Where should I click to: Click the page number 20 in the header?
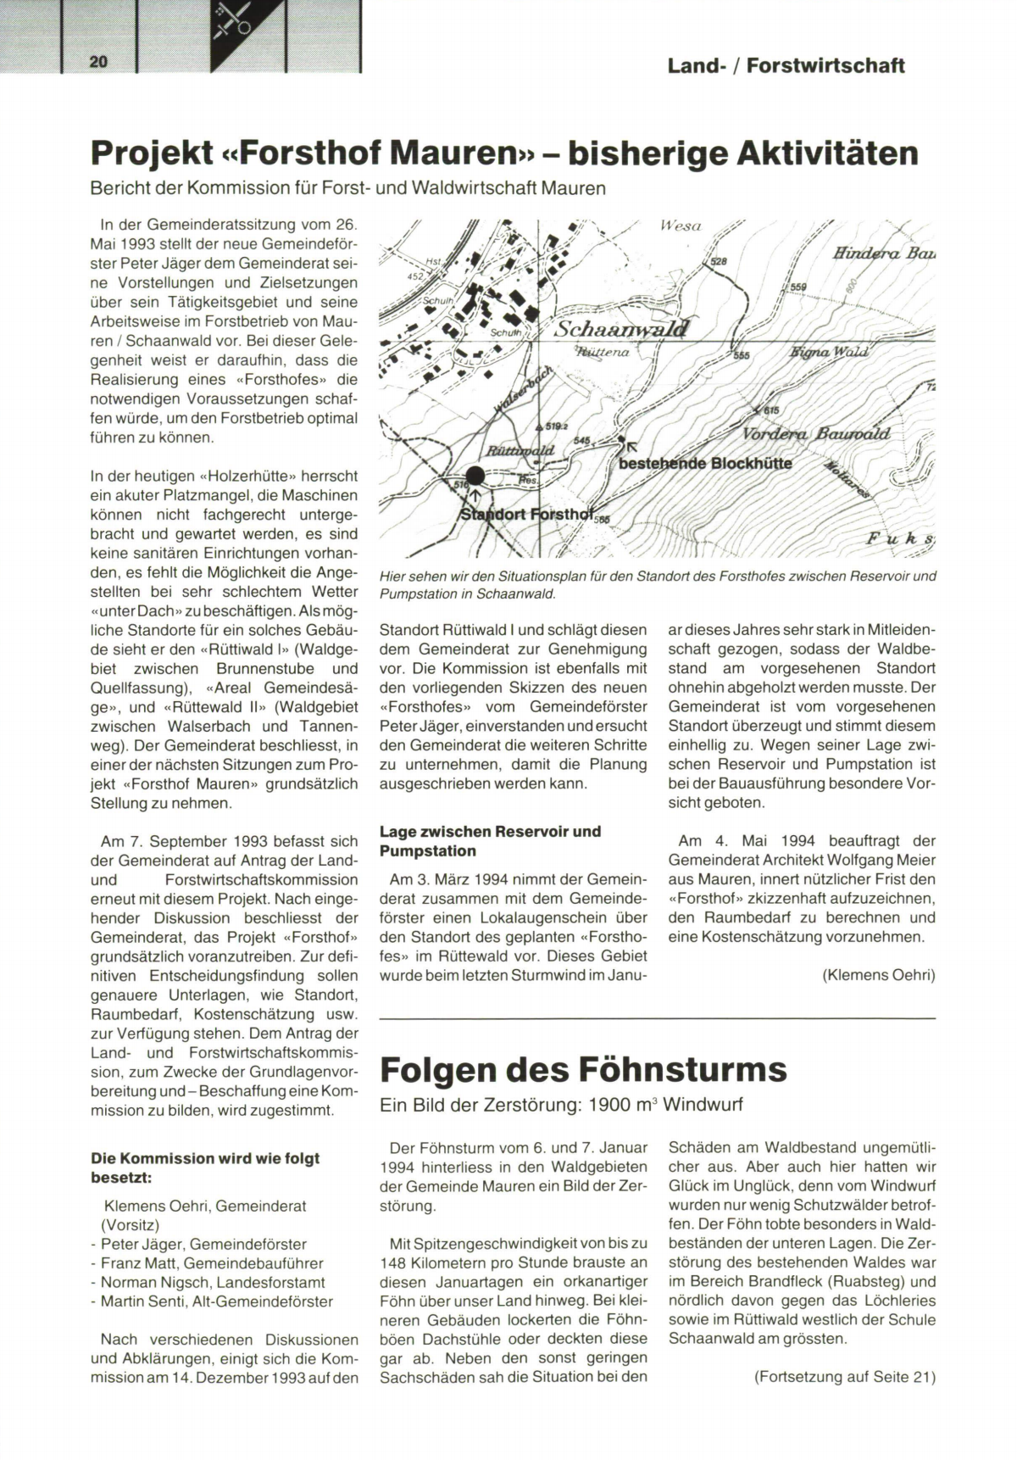[97, 61]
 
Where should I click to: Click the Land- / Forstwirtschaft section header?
[786, 65]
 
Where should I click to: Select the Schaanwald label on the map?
[621, 329]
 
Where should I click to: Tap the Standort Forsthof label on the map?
[525, 515]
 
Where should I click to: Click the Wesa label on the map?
[681, 226]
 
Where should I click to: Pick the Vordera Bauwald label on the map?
[816, 433]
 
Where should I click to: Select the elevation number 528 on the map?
[719, 262]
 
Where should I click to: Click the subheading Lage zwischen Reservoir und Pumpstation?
[490, 840]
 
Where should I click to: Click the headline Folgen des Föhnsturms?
[583, 1069]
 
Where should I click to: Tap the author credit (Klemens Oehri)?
[878, 975]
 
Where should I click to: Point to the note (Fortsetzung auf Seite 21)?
[844, 1377]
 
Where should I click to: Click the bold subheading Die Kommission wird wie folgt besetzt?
[204, 1167]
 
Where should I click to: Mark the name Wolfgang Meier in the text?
[870, 860]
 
